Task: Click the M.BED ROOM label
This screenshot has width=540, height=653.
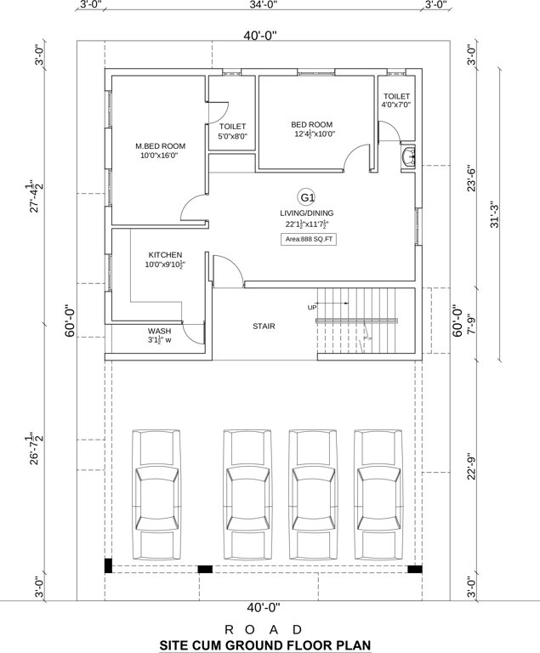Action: (x=160, y=146)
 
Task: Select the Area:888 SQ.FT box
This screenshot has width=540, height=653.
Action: (x=307, y=240)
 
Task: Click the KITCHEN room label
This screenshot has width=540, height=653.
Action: (x=165, y=255)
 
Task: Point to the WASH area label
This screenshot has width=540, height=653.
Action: (x=160, y=332)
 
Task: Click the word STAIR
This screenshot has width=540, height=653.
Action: (x=264, y=326)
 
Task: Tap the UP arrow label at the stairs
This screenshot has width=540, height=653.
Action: (x=312, y=307)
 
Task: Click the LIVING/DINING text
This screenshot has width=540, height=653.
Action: (x=307, y=213)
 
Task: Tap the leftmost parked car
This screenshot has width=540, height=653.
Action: (x=156, y=494)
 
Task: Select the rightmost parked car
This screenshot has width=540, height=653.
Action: (x=379, y=494)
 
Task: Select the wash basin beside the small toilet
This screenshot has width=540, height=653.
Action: (x=409, y=156)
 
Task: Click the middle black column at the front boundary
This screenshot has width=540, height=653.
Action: (x=205, y=569)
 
